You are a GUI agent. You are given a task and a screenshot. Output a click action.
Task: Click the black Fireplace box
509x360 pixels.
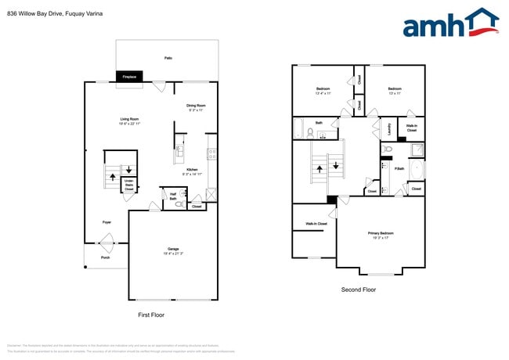129,77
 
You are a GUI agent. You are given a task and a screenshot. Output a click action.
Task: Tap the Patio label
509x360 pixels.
168,58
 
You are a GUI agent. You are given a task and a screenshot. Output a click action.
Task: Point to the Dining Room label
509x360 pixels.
196,107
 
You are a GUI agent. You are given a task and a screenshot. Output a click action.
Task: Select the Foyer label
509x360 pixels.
106,222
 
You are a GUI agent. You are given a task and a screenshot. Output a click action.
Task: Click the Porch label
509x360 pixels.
105,257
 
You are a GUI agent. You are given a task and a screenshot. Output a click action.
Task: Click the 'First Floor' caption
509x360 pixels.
152,314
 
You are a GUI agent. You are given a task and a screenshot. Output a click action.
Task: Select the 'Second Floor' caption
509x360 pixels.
359,290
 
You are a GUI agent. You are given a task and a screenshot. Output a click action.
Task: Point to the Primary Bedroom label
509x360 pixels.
381,235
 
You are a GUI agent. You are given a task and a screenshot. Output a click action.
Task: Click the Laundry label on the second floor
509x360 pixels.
389,128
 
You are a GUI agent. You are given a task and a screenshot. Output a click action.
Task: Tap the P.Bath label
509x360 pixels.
399,169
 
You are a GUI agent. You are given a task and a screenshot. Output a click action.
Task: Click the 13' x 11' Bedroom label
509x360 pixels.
395,91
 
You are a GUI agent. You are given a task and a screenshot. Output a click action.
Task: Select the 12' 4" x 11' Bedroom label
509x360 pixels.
323,91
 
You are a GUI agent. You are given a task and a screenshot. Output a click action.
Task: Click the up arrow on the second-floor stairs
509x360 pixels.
318,165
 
